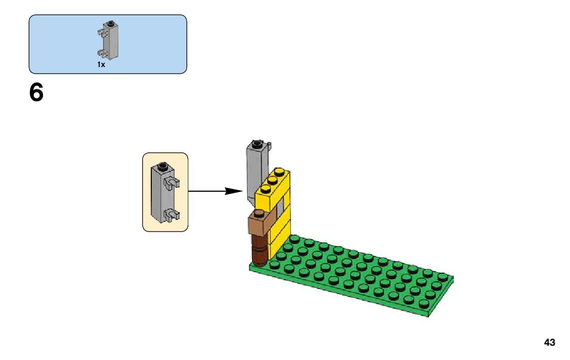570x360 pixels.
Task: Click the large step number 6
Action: [x=36, y=93]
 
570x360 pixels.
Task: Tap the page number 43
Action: [x=549, y=343]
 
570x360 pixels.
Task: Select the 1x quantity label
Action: [x=101, y=64]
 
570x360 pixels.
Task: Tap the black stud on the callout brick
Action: [x=162, y=166]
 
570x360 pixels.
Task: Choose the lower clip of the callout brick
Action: [x=172, y=215]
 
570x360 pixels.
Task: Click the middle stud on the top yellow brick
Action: [x=272, y=181]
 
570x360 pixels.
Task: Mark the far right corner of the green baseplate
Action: [x=452, y=277]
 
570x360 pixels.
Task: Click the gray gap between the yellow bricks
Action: [x=280, y=208]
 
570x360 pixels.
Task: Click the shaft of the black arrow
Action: [x=208, y=191]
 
